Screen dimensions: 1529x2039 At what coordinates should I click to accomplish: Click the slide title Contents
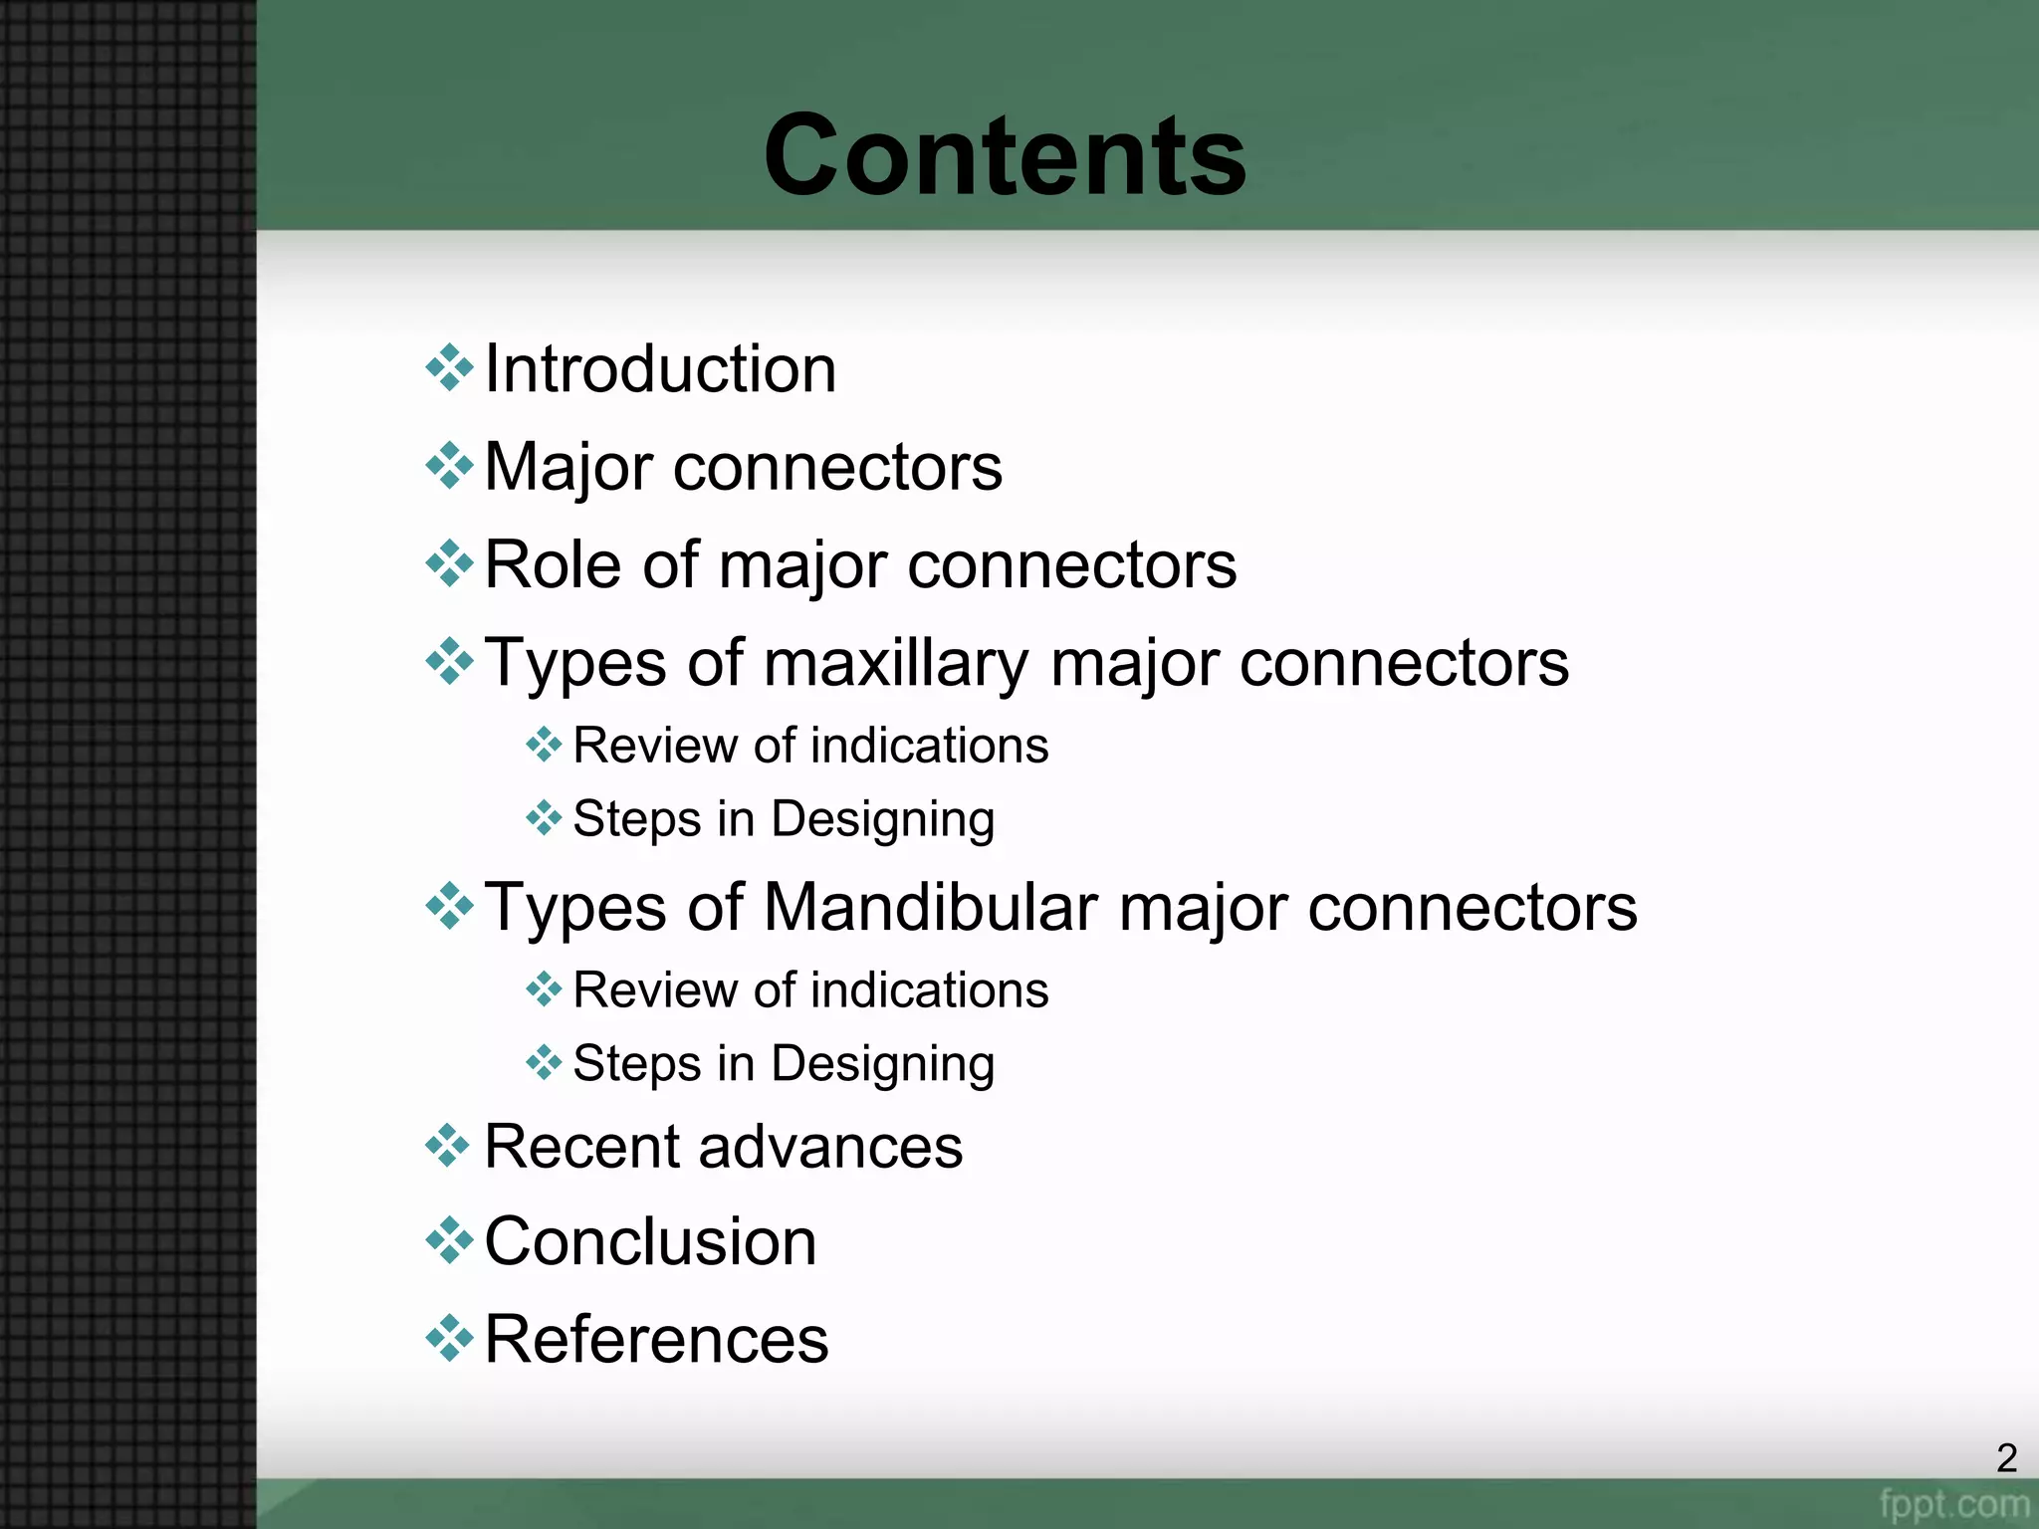point(1005,156)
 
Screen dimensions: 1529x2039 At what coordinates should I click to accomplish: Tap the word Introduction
point(660,369)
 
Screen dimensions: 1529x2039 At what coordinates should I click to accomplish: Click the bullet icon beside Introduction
point(449,367)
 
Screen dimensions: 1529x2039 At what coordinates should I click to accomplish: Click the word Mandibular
point(931,908)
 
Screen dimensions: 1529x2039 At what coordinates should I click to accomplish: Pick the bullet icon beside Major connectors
point(449,465)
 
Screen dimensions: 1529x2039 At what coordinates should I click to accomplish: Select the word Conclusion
point(650,1242)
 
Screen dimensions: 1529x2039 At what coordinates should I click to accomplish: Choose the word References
point(656,1339)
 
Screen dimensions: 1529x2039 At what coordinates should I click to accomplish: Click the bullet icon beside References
point(449,1338)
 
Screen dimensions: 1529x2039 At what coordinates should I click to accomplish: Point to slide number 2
point(2006,1458)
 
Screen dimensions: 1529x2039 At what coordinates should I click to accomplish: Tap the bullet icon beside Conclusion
point(449,1240)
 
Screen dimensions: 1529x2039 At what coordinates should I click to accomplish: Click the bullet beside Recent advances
point(449,1145)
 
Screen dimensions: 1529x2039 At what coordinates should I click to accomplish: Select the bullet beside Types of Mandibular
point(449,906)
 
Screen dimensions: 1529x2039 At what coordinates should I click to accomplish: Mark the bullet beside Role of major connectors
point(449,563)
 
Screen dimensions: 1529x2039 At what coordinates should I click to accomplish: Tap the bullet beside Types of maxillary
point(449,661)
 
